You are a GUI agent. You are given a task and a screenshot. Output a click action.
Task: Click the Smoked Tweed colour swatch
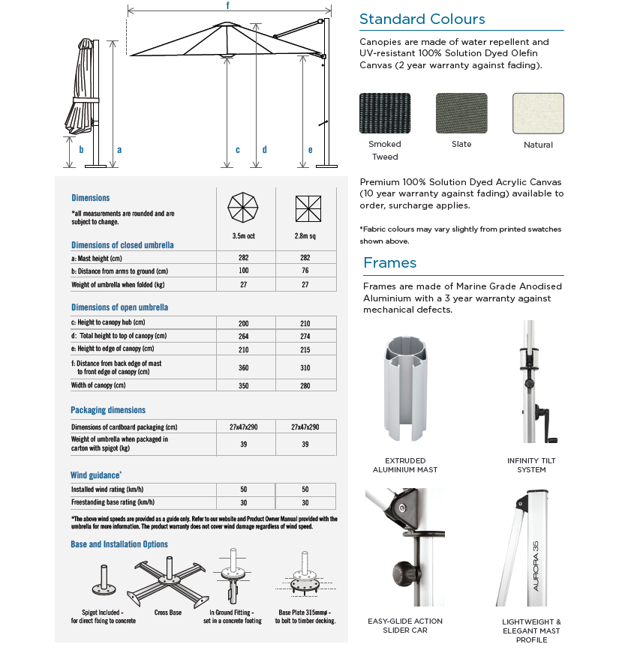[385, 113]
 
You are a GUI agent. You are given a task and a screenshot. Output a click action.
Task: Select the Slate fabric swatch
[461, 113]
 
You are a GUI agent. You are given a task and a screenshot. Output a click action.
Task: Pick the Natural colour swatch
[538, 113]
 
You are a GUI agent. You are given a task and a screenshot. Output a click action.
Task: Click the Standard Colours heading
[422, 19]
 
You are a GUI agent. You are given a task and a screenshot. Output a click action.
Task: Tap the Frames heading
[389, 262]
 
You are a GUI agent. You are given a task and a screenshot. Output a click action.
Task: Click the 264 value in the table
[243, 337]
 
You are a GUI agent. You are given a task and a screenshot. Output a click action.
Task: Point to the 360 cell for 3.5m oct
[243, 368]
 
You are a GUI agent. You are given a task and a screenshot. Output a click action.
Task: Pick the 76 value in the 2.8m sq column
[305, 271]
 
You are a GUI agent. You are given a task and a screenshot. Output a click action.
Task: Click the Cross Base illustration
[167, 577]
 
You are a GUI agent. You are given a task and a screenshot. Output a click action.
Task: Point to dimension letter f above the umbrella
[227, 5]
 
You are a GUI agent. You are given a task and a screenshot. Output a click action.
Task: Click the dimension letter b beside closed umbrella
[81, 150]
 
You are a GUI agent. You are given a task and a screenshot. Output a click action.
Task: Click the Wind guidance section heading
[96, 475]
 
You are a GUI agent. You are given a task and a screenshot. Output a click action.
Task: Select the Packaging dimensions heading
[108, 410]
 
